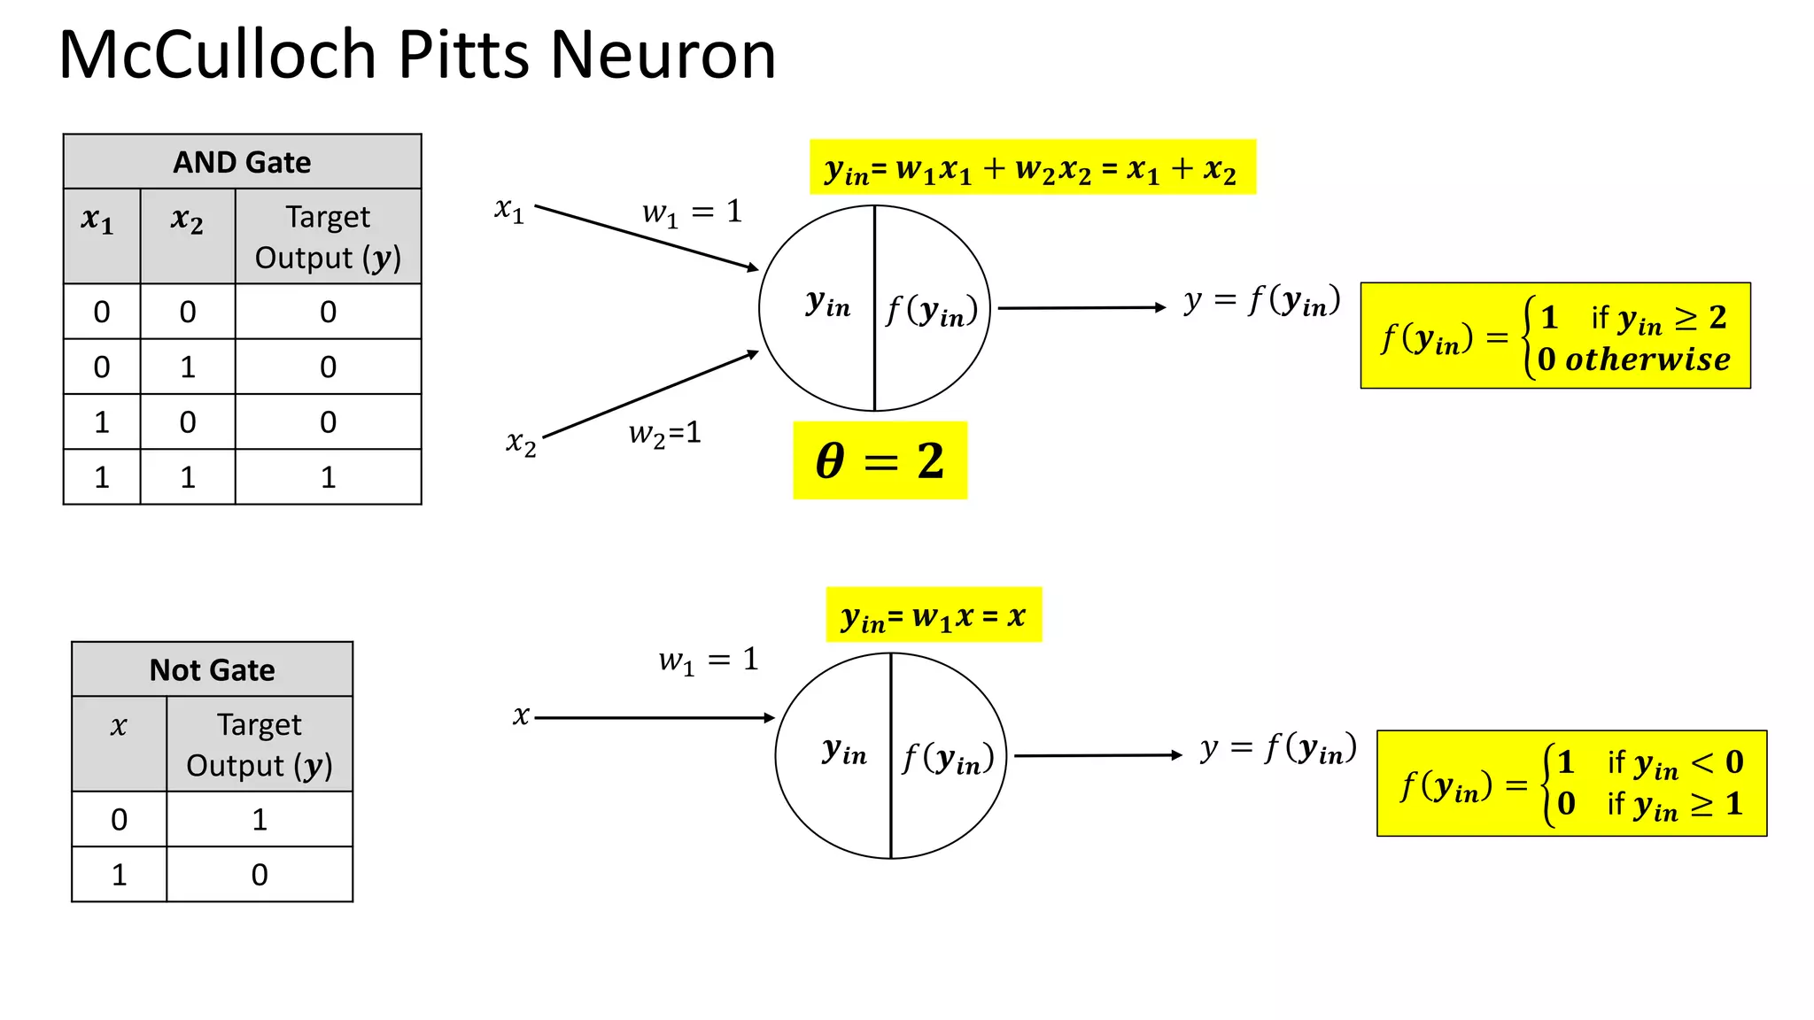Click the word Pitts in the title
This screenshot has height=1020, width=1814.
point(466,55)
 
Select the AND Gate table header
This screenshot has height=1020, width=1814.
point(242,162)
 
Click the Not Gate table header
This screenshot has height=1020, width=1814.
point(212,669)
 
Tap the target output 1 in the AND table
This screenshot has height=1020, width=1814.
point(328,477)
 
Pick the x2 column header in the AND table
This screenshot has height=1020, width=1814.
point(187,219)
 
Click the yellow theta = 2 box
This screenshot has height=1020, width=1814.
point(880,460)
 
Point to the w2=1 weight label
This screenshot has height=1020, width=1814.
point(664,433)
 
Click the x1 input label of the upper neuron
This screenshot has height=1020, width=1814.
point(509,211)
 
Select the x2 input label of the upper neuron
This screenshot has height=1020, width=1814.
point(521,442)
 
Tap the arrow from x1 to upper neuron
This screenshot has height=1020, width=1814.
point(647,236)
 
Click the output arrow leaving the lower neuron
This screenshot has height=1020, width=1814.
point(1097,755)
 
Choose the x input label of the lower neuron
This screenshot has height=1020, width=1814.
point(521,715)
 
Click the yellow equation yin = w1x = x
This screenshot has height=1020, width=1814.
point(934,615)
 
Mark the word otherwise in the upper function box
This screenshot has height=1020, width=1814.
point(1647,359)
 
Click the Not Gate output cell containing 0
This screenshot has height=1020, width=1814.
point(260,875)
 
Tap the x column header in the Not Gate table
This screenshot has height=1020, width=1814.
point(119,727)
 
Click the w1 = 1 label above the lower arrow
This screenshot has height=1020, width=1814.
point(708,660)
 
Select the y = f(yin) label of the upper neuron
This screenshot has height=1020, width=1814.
point(1261,301)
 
